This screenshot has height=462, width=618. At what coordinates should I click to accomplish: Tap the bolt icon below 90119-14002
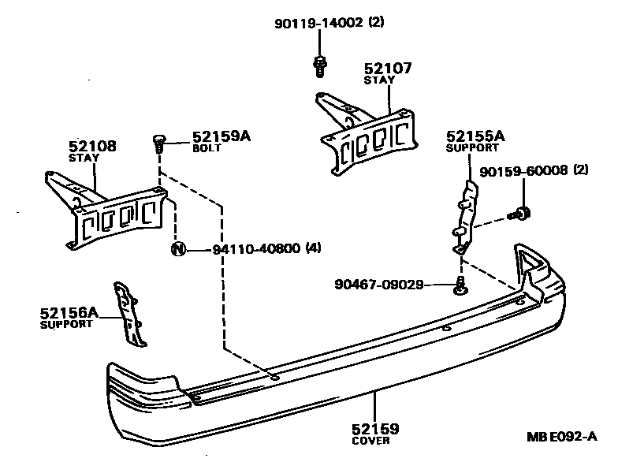tap(320, 65)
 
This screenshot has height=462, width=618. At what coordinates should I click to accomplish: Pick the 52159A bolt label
tap(221, 136)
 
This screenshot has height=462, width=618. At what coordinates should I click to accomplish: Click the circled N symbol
tap(178, 250)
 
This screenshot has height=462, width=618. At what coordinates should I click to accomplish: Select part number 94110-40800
tap(256, 250)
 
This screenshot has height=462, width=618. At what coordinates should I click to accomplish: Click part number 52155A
tap(475, 136)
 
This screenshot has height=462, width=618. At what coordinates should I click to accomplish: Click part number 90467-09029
tap(378, 283)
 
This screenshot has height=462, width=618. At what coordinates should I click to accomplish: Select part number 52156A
tap(69, 313)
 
